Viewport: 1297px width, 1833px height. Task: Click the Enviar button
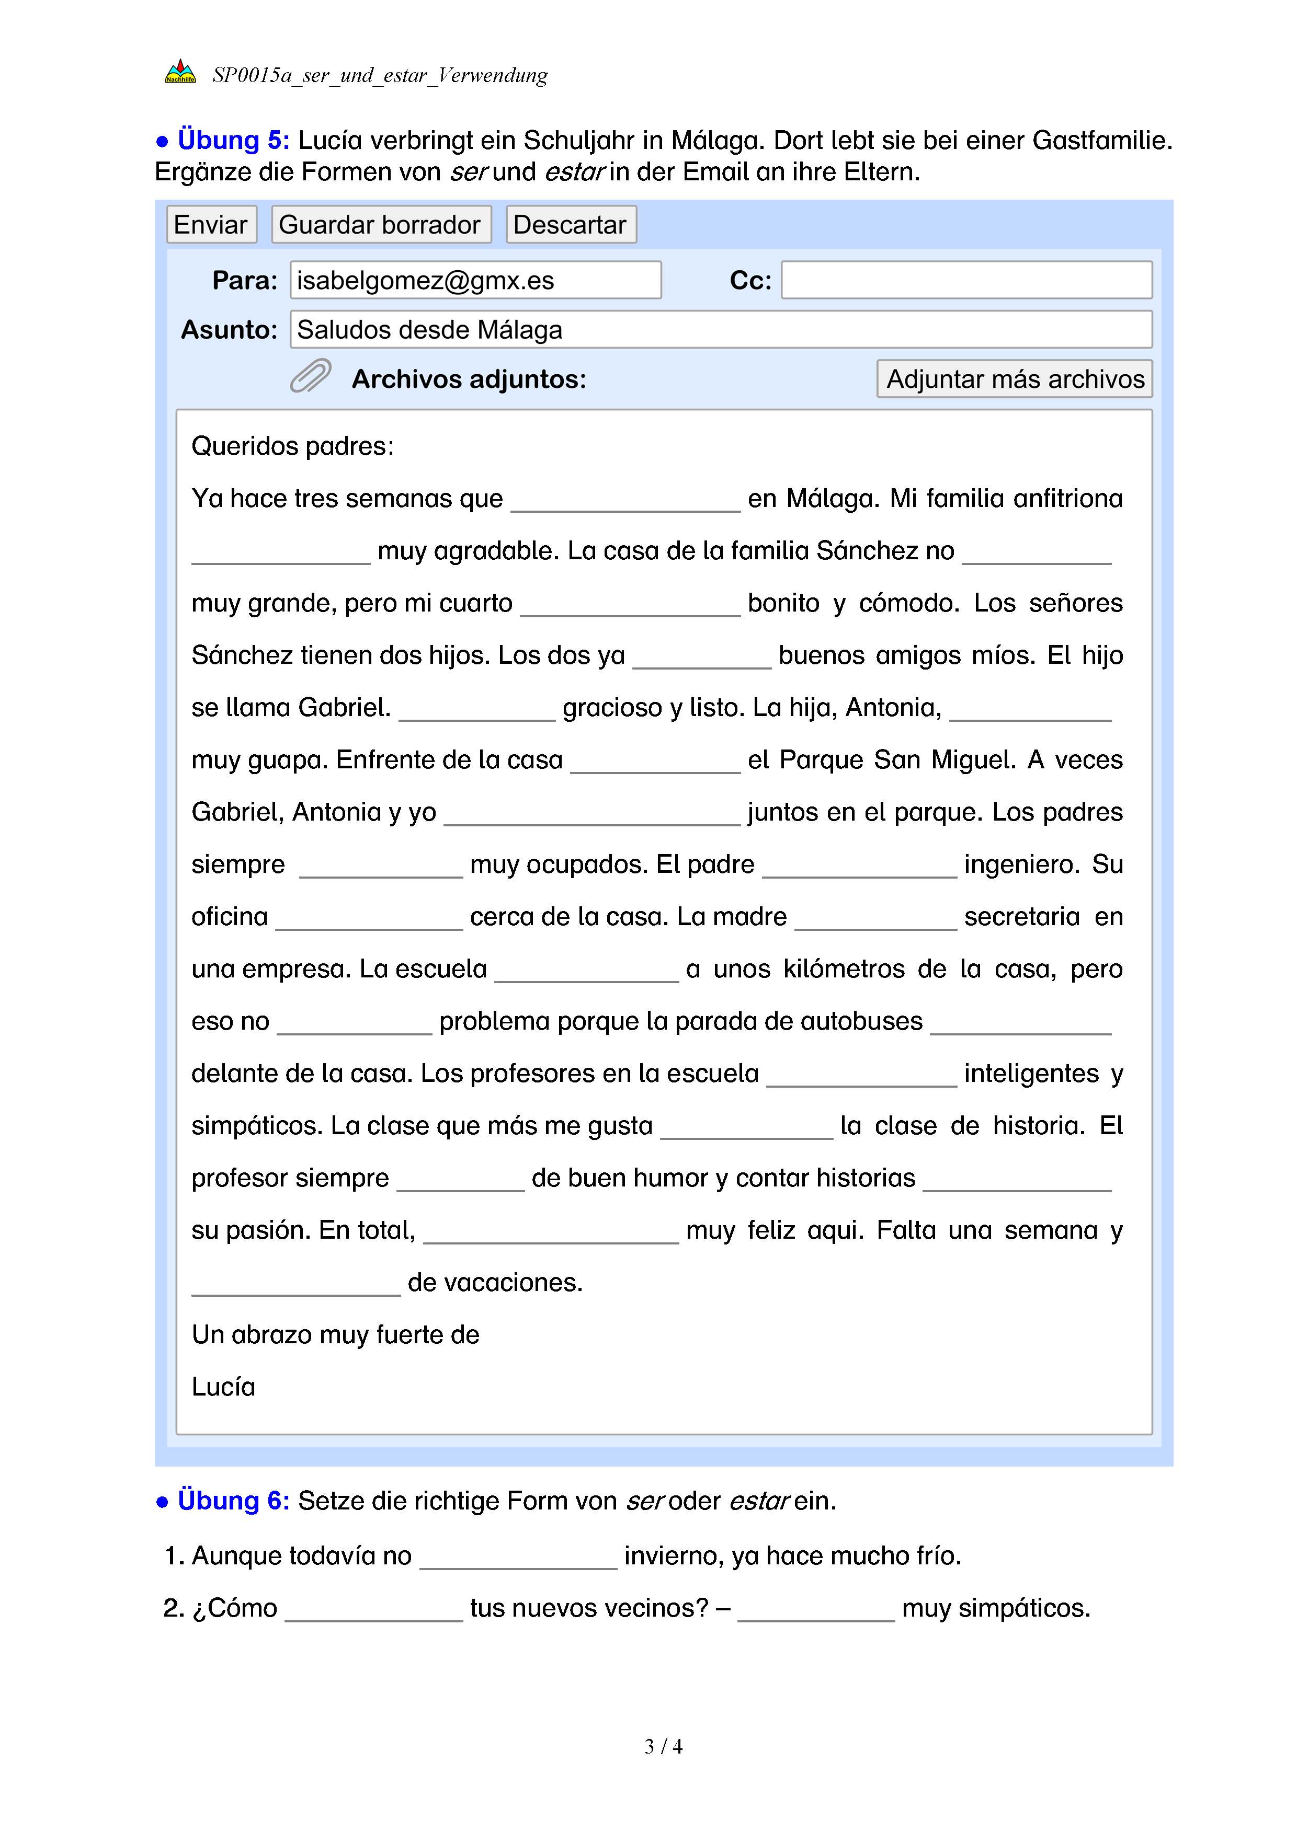click(211, 224)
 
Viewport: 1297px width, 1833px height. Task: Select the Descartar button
click(570, 224)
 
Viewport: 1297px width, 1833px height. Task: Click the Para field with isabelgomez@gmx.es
click(475, 280)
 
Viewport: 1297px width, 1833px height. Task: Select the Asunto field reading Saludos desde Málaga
click(720, 330)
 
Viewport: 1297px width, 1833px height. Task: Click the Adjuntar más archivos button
click(1014, 379)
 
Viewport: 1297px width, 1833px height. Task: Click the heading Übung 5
click(232, 140)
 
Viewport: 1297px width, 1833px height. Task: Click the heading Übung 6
click(232, 1501)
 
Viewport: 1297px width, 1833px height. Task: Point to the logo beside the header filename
click(180, 73)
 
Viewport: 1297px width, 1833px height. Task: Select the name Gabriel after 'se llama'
click(344, 707)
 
